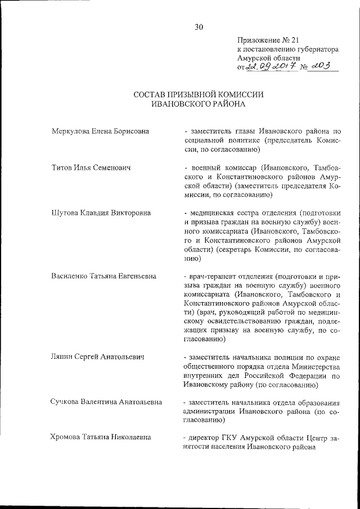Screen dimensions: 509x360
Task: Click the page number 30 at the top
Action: click(x=198, y=27)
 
